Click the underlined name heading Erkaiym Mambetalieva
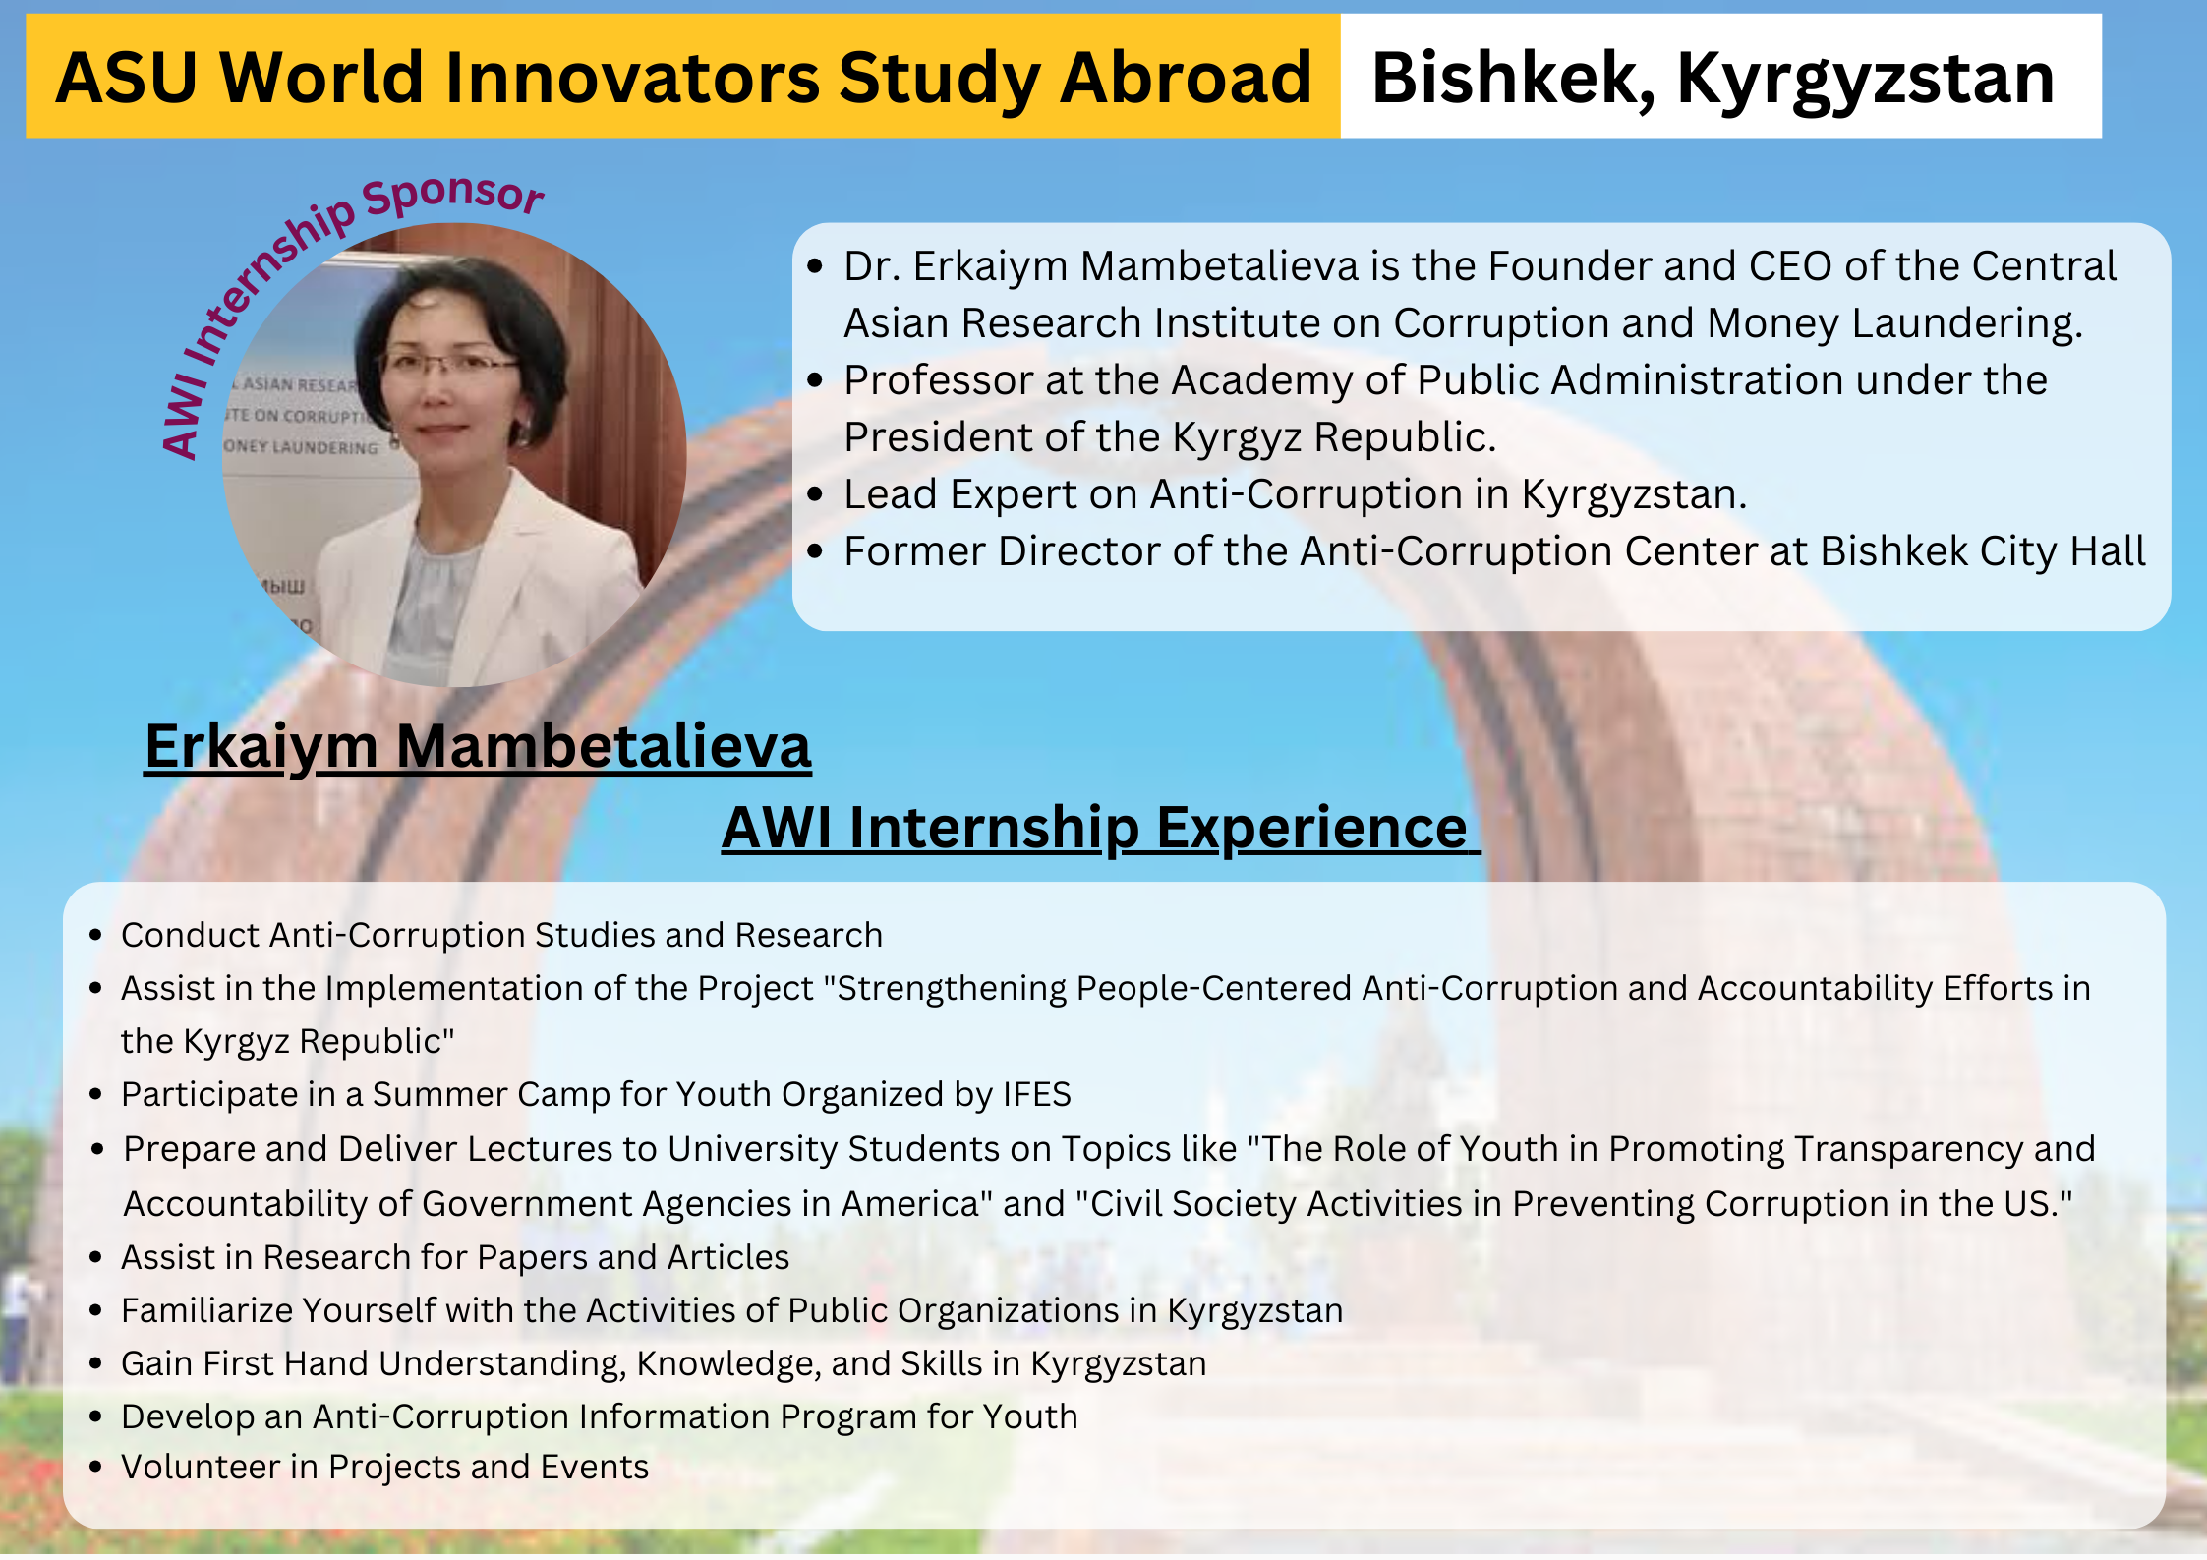(478, 748)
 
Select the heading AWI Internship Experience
(1100, 829)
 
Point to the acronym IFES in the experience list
(1036, 1095)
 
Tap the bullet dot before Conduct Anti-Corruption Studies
(95, 935)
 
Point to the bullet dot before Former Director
(815, 551)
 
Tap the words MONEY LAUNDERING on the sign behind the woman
(300, 447)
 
